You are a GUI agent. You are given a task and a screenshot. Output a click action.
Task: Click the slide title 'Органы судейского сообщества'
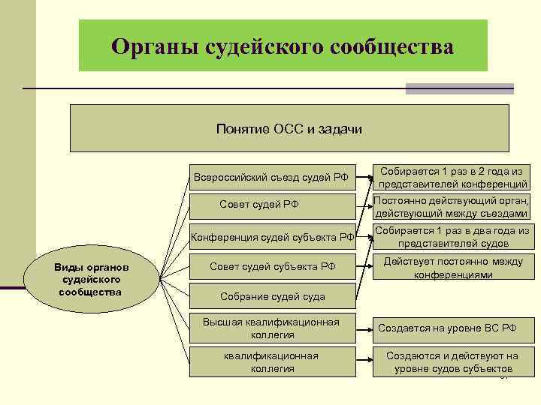(x=283, y=46)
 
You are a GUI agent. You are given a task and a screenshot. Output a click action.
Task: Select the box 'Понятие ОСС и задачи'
(x=289, y=129)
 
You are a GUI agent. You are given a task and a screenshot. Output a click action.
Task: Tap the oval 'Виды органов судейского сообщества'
(x=92, y=279)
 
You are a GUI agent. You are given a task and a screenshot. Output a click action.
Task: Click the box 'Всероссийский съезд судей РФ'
(x=271, y=177)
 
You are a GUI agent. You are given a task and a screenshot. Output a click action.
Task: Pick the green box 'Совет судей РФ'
(x=271, y=204)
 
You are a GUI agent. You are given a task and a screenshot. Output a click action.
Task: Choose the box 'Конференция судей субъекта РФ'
(x=272, y=238)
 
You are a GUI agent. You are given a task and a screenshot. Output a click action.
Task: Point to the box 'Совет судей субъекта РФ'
(x=272, y=266)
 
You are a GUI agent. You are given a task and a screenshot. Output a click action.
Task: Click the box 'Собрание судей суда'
(x=272, y=296)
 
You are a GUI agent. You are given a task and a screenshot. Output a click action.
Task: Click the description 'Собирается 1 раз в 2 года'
(x=452, y=177)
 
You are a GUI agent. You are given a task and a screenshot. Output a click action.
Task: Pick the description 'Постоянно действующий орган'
(x=452, y=207)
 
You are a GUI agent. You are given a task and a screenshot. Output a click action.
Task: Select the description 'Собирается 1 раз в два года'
(x=452, y=237)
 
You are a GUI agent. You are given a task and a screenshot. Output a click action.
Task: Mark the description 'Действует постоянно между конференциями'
(x=452, y=268)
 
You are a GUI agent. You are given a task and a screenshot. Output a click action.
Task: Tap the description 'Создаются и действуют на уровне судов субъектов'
(x=452, y=361)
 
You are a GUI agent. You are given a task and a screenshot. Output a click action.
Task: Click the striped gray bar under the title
(x=459, y=88)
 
